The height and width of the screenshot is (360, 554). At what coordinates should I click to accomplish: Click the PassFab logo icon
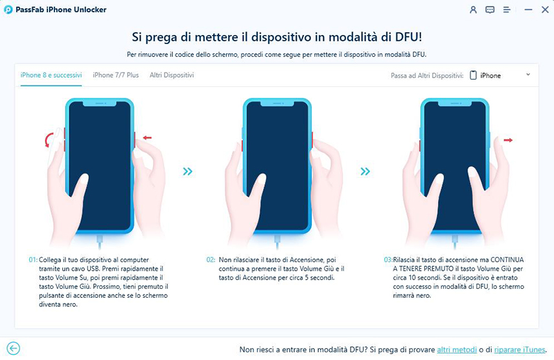point(8,10)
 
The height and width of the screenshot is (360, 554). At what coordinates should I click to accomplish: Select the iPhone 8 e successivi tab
point(51,75)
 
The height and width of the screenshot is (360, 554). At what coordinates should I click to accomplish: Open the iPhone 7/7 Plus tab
point(116,75)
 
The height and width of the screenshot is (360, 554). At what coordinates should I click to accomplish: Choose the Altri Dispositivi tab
point(172,75)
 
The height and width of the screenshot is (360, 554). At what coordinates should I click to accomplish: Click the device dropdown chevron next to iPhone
point(528,75)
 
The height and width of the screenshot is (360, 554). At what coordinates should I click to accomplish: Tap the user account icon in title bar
point(473,10)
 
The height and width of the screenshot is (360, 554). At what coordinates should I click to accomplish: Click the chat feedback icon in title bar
point(490,10)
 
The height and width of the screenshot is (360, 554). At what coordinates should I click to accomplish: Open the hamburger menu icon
point(507,10)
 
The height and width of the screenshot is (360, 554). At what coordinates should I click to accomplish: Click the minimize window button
point(528,10)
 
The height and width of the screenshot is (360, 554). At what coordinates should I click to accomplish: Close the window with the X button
point(545,10)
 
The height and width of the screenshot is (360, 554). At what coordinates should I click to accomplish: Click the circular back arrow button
point(13,349)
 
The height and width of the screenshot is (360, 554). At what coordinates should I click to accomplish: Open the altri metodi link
point(457,350)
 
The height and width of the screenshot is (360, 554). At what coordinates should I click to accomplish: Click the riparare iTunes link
point(520,350)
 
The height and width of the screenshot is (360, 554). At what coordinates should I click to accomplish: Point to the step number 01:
point(33,260)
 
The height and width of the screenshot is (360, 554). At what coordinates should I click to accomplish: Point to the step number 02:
point(211,260)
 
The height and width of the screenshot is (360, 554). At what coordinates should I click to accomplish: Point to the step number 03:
point(388,260)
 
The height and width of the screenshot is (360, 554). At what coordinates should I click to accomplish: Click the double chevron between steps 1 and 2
point(188,172)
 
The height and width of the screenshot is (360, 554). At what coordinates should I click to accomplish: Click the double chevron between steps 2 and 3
point(365,172)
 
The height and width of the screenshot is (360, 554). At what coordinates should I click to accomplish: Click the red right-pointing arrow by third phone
point(508,140)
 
